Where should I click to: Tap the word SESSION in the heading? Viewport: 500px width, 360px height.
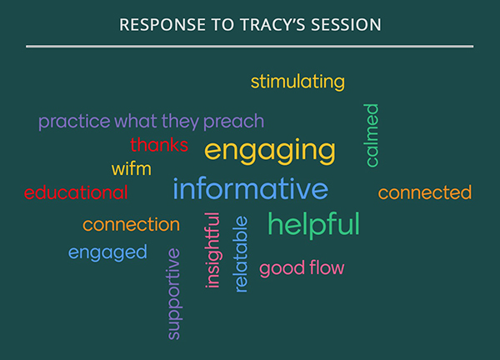pyautogui.click(x=346, y=24)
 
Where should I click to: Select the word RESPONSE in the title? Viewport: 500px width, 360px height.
pyautogui.click(x=162, y=24)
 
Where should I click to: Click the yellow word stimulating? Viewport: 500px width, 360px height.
pyautogui.click(x=297, y=82)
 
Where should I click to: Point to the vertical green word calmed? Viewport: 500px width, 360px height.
pyautogui.click(x=372, y=135)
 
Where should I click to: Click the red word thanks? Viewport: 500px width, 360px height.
pyautogui.click(x=159, y=145)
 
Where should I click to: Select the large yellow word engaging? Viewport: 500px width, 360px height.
pyautogui.click(x=270, y=152)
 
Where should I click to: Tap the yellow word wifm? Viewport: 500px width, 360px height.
pyautogui.click(x=131, y=168)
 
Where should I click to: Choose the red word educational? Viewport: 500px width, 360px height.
pyautogui.click(x=76, y=192)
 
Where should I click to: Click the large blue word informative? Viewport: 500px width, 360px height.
pyautogui.click(x=250, y=188)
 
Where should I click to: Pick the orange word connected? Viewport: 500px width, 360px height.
pyautogui.click(x=425, y=192)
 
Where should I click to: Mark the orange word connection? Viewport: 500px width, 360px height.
pyautogui.click(x=131, y=224)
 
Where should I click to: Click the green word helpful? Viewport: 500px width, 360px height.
pyautogui.click(x=314, y=224)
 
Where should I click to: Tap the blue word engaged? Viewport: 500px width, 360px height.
pyautogui.click(x=107, y=252)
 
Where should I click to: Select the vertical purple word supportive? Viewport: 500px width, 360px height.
pyautogui.click(x=174, y=293)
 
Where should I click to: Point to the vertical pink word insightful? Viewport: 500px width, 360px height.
pyautogui.click(x=212, y=250)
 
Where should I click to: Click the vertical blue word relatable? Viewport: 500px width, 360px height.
pyautogui.click(x=241, y=254)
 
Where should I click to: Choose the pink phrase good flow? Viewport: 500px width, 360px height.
pyautogui.click(x=302, y=268)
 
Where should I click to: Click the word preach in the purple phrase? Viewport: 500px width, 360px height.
pyautogui.click(x=233, y=122)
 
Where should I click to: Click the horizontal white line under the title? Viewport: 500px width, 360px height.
pyautogui.click(x=250, y=46)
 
